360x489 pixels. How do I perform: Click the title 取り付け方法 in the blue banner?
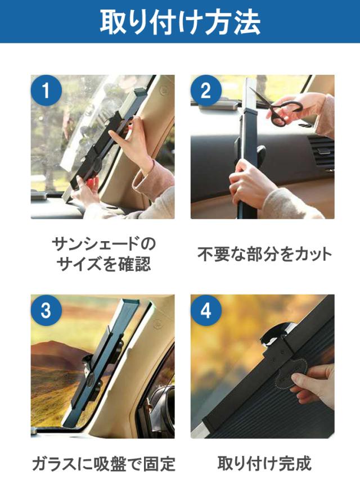[180, 22]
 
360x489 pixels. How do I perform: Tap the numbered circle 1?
[46, 90]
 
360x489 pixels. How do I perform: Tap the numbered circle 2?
[206, 90]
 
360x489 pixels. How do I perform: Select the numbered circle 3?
[46, 310]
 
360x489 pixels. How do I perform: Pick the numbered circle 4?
[206, 310]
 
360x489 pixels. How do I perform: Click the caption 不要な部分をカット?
[264, 254]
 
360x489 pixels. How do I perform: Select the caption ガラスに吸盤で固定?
[104, 464]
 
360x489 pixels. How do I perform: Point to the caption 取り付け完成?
[264, 464]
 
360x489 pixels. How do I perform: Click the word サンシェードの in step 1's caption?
[104, 244]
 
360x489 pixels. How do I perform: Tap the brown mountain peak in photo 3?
[50, 345]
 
